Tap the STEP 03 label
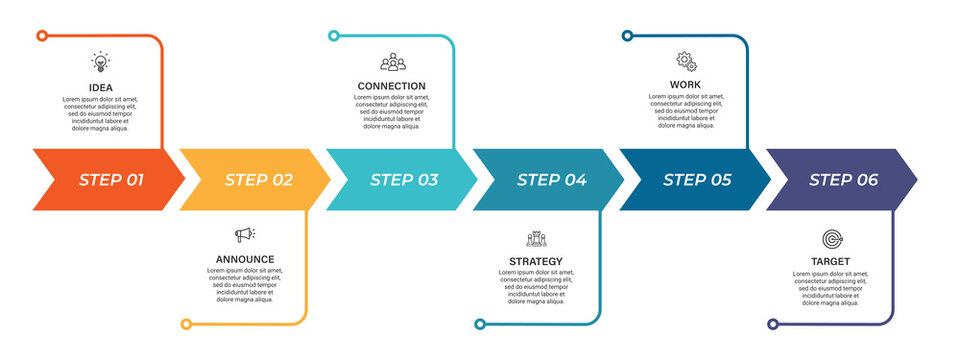404,180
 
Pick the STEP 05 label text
697,180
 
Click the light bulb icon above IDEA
101,62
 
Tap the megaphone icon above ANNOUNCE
245,235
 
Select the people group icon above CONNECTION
393,62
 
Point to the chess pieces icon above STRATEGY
536,238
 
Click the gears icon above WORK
686,61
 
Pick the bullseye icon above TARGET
831,238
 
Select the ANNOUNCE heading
245,259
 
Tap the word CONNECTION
392,86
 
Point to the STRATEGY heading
536,261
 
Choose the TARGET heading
831,261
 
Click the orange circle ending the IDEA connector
42,36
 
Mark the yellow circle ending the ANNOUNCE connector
186,324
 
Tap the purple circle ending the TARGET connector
773,324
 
